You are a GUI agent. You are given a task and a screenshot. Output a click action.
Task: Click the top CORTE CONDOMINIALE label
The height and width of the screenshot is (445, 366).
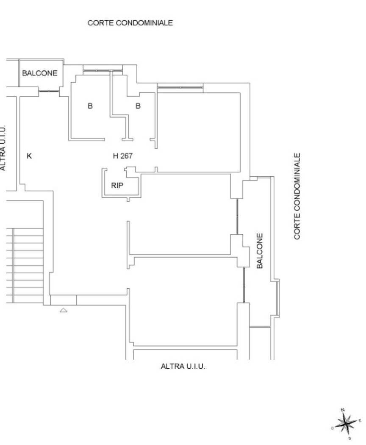(130, 23)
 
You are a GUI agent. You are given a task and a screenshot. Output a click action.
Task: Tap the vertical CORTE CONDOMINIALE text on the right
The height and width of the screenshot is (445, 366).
(297, 196)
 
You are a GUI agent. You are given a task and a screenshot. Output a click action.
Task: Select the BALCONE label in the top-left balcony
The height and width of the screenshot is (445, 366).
(40, 73)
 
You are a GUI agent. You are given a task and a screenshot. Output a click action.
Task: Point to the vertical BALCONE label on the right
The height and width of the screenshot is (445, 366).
(260, 250)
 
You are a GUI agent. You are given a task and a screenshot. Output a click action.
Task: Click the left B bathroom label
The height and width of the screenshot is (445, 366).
(90, 106)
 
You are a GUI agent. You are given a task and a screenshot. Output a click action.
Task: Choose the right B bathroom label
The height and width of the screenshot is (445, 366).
(138, 106)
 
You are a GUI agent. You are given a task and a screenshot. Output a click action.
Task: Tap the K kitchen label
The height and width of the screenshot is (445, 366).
(29, 156)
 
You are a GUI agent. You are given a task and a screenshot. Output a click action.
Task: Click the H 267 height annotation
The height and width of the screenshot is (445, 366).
(122, 156)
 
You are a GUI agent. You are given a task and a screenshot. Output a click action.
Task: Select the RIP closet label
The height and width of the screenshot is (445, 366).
(117, 186)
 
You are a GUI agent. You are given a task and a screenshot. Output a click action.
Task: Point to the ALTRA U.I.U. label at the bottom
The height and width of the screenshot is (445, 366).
(183, 367)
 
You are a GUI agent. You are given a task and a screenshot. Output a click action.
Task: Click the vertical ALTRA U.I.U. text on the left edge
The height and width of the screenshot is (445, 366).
(3, 148)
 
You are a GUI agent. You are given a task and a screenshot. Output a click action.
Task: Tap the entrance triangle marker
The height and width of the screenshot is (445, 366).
(64, 310)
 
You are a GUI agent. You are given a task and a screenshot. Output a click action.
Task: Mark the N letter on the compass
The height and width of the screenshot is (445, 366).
(342, 410)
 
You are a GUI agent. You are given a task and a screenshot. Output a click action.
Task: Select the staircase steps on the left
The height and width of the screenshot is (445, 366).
(25, 266)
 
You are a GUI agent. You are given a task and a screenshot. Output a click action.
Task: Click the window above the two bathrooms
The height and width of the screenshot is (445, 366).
(103, 70)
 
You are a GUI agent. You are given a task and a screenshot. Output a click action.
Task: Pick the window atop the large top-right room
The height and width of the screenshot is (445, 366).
(180, 87)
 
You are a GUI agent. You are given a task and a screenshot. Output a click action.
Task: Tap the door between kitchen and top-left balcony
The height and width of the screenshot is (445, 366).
(49, 92)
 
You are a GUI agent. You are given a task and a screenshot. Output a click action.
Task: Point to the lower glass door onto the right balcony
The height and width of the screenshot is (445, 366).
(244, 285)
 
